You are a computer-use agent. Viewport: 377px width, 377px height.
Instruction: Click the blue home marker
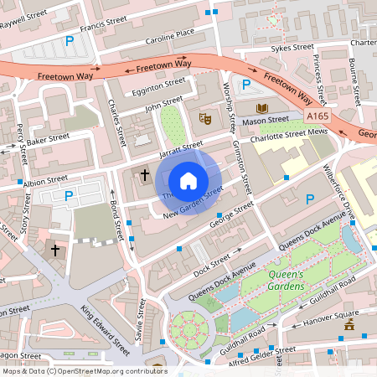188,180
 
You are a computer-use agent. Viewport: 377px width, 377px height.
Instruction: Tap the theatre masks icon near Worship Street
204,119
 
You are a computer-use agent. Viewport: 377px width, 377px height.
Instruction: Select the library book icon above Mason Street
261,109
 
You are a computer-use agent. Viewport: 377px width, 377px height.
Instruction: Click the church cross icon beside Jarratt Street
145,175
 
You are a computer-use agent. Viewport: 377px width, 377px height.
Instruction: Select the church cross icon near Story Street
56,250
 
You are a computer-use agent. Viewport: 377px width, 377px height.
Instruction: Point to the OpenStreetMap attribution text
84,370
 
